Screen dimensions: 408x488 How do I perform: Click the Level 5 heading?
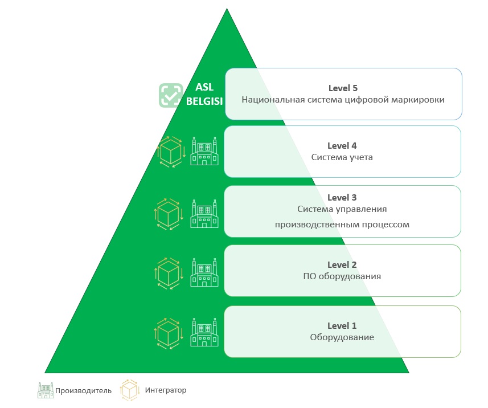(x=343, y=88)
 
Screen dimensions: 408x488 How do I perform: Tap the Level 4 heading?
(x=342, y=146)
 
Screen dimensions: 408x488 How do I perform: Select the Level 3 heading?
(x=342, y=198)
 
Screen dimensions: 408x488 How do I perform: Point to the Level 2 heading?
(x=342, y=265)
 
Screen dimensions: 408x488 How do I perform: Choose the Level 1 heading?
(x=342, y=326)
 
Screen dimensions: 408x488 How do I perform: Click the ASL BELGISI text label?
(x=203, y=95)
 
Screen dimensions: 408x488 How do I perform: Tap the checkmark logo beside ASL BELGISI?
(x=170, y=95)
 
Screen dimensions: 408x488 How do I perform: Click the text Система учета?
(x=342, y=157)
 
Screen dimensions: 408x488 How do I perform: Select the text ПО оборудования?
(x=342, y=276)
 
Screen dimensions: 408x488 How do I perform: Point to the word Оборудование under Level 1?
(x=342, y=337)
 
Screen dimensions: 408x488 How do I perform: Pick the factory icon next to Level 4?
(x=204, y=151)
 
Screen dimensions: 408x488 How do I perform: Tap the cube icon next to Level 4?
(x=171, y=152)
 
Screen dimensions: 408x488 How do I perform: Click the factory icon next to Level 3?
(x=204, y=214)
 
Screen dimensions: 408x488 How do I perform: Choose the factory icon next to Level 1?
(x=204, y=332)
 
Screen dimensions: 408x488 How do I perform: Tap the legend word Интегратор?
(x=165, y=390)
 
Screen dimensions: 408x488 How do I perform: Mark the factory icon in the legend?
(x=45, y=390)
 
